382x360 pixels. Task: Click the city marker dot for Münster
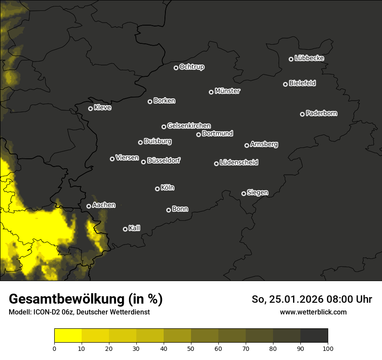click(x=211, y=92)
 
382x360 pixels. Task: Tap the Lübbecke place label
click(x=309, y=58)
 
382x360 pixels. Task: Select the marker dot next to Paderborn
click(x=302, y=114)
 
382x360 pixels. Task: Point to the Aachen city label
click(x=104, y=205)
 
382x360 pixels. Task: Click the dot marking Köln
click(x=157, y=189)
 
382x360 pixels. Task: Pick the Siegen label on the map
click(x=257, y=193)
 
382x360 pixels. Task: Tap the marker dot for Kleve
click(x=90, y=108)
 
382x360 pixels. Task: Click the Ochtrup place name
click(x=191, y=67)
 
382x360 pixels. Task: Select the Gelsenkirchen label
click(x=189, y=126)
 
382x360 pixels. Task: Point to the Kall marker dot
click(x=125, y=229)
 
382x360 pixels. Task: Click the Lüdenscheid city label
click(x=239, y=163)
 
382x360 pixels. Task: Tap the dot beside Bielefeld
click(x=285, y=84)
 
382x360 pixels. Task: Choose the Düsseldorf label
click(x=164, y=160)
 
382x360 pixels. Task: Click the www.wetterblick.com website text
click(x=313, y=312)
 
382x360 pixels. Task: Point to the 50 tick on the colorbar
click(x=191, y=348)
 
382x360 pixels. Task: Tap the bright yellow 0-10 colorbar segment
click(x=68, y=336)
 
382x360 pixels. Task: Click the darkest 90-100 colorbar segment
click(x=314, y=336)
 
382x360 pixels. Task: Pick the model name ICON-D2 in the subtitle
click(x=45, y=312)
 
